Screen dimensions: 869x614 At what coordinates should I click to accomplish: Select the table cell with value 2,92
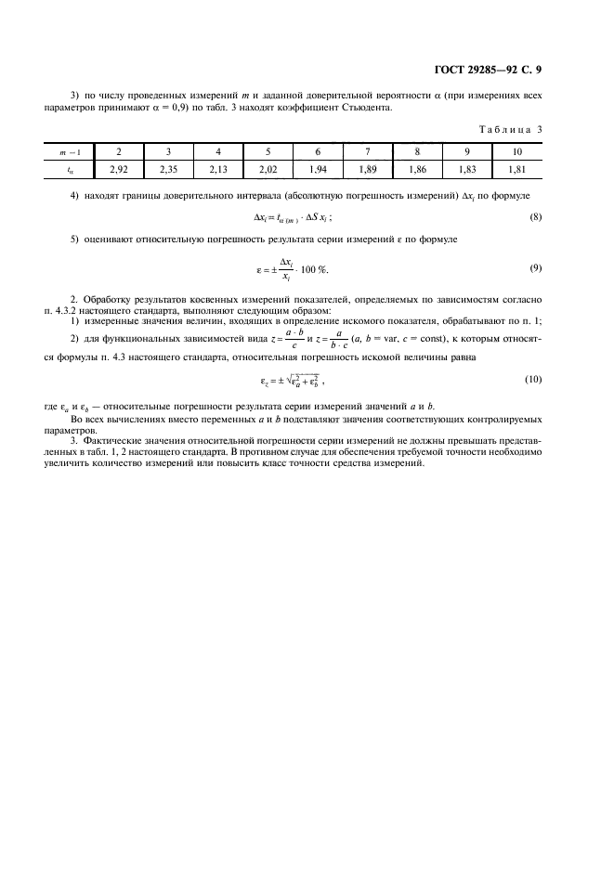(x=118, y=169)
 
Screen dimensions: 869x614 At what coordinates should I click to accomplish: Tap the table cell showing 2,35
(x=168, y=169)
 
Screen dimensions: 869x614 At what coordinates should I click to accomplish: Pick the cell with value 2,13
(x=217, y=169)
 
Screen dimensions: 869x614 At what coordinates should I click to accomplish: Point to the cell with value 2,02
(x=268, y=169)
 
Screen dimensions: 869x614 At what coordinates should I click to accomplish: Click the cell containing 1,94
(x=318, y=169)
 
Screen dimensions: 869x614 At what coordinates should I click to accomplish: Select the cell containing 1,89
(x=367, y=169)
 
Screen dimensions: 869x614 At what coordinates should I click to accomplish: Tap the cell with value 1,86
(x=417, y=169)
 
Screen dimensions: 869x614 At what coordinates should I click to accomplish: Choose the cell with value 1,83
(x=467, y=169)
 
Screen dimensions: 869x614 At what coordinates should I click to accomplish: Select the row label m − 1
(x=70, y=152)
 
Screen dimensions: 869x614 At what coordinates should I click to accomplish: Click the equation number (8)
(x=535, y=217)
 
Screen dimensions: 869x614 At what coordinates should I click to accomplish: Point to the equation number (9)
(x=535, y=269)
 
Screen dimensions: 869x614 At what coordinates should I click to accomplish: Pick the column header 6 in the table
(x=318, y=152)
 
